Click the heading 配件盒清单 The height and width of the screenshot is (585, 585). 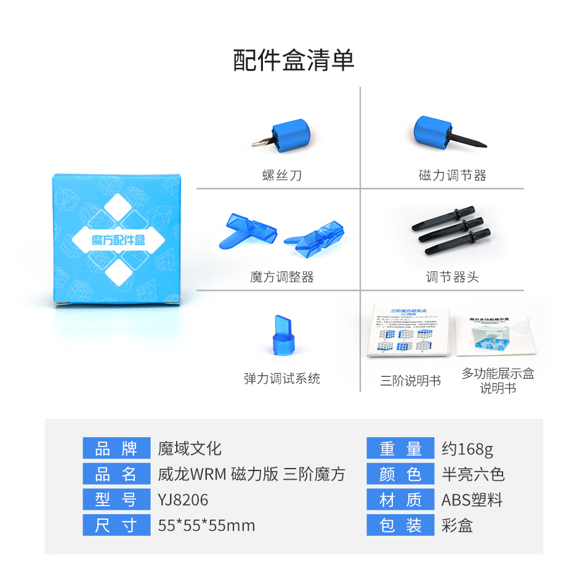[293, 60]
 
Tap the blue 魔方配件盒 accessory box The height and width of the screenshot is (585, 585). [119, 238]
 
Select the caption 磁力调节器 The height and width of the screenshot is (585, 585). [453, 175]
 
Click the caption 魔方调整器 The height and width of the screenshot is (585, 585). [282, 277]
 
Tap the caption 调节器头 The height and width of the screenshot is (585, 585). [453, 277]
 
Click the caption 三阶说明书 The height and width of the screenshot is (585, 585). [410, 381]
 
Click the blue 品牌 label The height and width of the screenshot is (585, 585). [116, 448]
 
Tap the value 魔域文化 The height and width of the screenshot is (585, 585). [189, 448]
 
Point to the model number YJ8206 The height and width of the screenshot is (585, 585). [183, 499]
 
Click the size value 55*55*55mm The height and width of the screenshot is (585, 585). [206, 525]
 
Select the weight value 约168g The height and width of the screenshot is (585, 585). [467, 448]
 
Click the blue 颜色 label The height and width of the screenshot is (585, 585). [400, 474]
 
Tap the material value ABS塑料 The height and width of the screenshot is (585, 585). [472, 499]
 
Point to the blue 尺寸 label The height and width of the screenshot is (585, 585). [116, 525]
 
